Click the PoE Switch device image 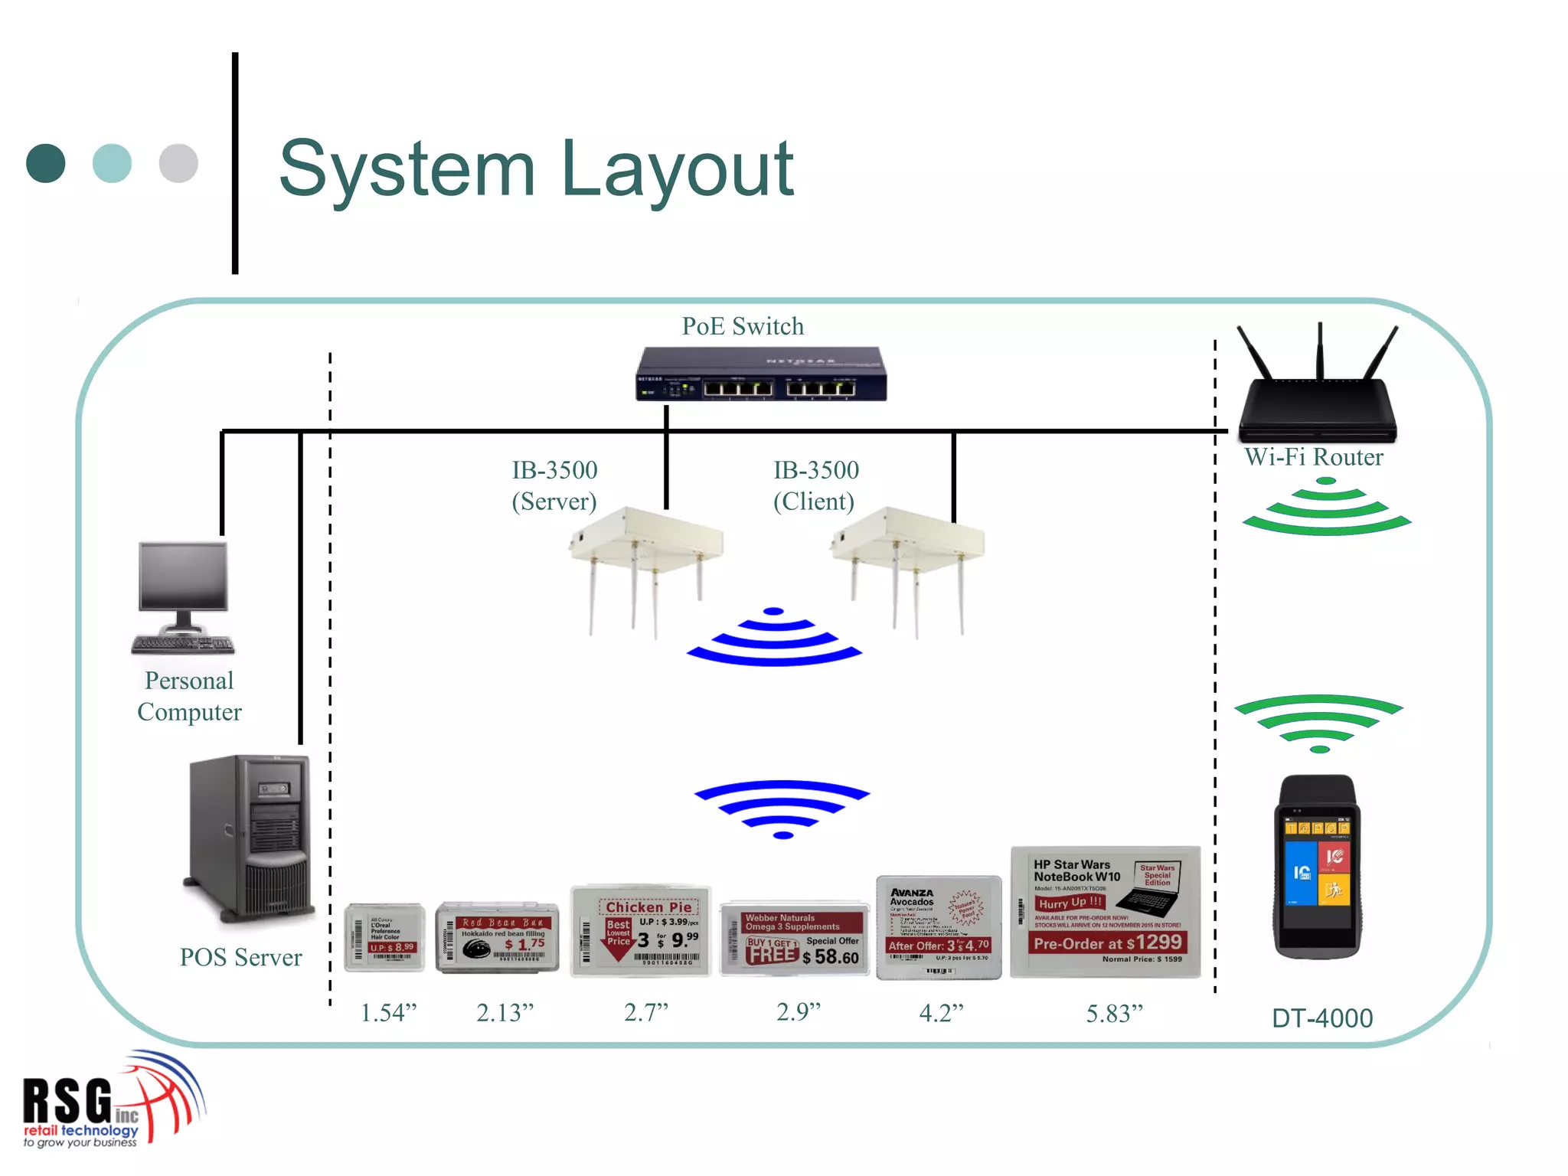761,374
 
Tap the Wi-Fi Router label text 1314,457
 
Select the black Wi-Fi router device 1318,398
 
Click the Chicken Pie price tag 642,931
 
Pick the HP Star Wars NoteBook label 1105,911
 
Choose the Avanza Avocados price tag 939,926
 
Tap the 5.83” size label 1114,1014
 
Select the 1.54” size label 388,1013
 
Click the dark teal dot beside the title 46,163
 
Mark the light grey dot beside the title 178,163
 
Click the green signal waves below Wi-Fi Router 1326,508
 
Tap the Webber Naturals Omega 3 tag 795,938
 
